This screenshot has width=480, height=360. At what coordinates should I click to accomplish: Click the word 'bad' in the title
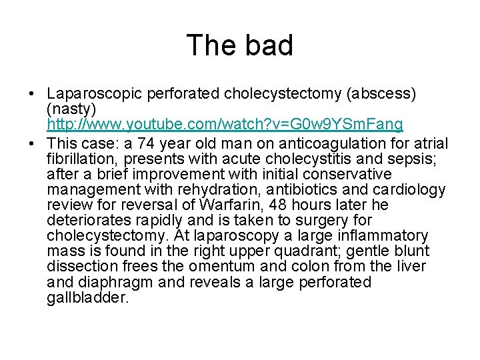coord(267,45)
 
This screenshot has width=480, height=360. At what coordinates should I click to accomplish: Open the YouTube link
coord(225,125)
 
